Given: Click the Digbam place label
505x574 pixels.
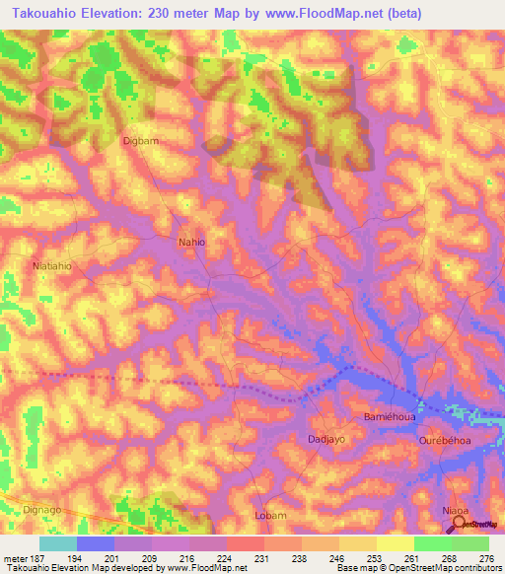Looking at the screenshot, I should (141, 141).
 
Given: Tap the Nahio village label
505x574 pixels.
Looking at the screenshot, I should (191, 241).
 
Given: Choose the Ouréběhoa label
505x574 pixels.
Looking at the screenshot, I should (447, 441).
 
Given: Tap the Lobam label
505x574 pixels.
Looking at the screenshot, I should (269, 515).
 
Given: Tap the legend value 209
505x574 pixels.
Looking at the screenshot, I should (152, 557).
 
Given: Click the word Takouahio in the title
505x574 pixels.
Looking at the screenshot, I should (53, 13).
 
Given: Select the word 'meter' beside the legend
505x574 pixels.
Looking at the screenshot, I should (15, 557).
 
